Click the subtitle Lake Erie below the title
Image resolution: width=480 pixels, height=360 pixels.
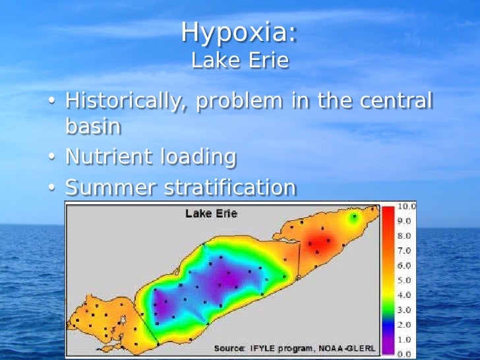click(240, 61)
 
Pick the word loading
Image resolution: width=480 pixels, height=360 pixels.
click(198, 157)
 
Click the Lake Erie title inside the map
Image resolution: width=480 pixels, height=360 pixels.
click(211, 214)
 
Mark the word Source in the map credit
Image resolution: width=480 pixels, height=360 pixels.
click(229, 347)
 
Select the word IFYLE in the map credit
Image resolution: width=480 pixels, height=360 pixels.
click(263, 347)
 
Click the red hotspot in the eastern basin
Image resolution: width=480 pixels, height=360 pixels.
click(320, 245)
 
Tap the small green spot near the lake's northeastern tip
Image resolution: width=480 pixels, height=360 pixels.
click(355, 217)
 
